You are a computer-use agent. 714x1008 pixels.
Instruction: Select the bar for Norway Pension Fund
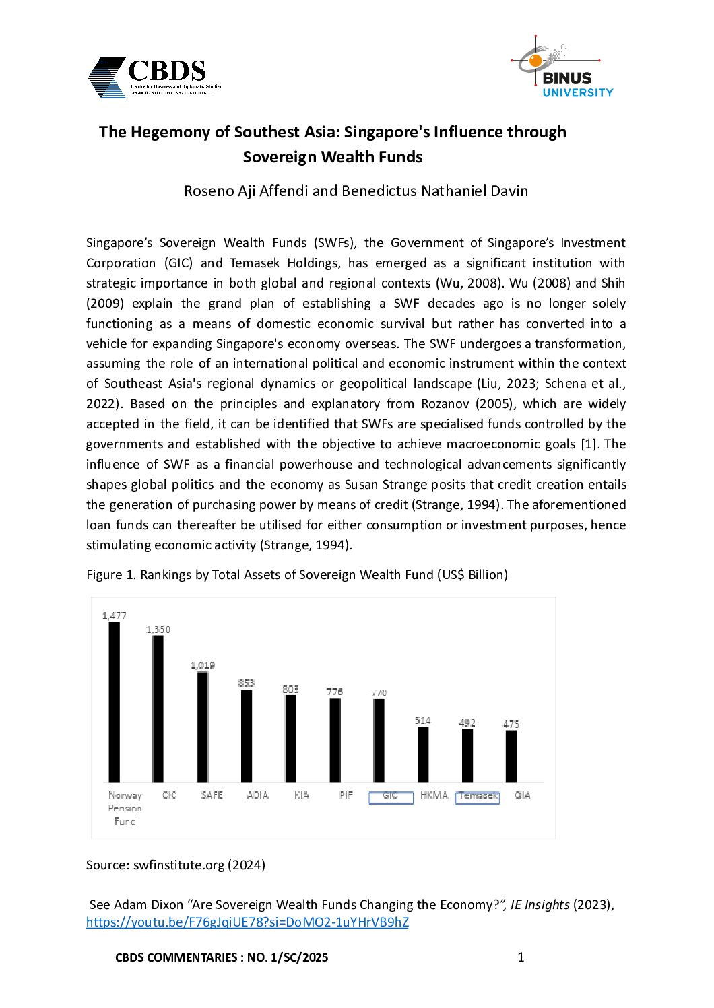pos(114,702)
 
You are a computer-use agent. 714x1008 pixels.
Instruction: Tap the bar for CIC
pos(158,708)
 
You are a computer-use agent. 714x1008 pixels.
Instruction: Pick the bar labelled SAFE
pos(202,727)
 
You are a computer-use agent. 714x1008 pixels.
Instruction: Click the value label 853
pos(247,683)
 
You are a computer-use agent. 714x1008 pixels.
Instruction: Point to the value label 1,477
pos(114,615)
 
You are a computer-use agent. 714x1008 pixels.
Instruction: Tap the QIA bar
pos(511,756)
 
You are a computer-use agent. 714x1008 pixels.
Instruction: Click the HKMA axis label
pos(434,795)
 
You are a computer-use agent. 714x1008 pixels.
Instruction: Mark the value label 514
pos(423,720)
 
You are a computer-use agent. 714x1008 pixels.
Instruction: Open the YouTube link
pos(247,922)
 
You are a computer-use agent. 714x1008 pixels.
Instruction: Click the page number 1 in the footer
pos(521,957)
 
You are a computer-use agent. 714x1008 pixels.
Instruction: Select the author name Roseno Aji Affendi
pos(246,191)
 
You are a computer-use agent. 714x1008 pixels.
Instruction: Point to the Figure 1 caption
pos(297,574)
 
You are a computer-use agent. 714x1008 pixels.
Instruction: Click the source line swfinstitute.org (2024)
pos(176,865)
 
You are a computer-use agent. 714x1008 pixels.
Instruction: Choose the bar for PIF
pos(335,739)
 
